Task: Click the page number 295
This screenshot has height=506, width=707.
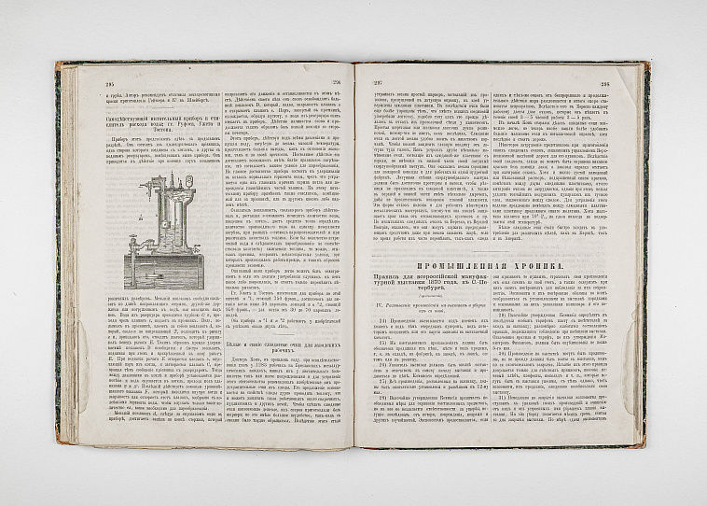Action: coord(95,82)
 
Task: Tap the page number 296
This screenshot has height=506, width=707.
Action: coord(338,81)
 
